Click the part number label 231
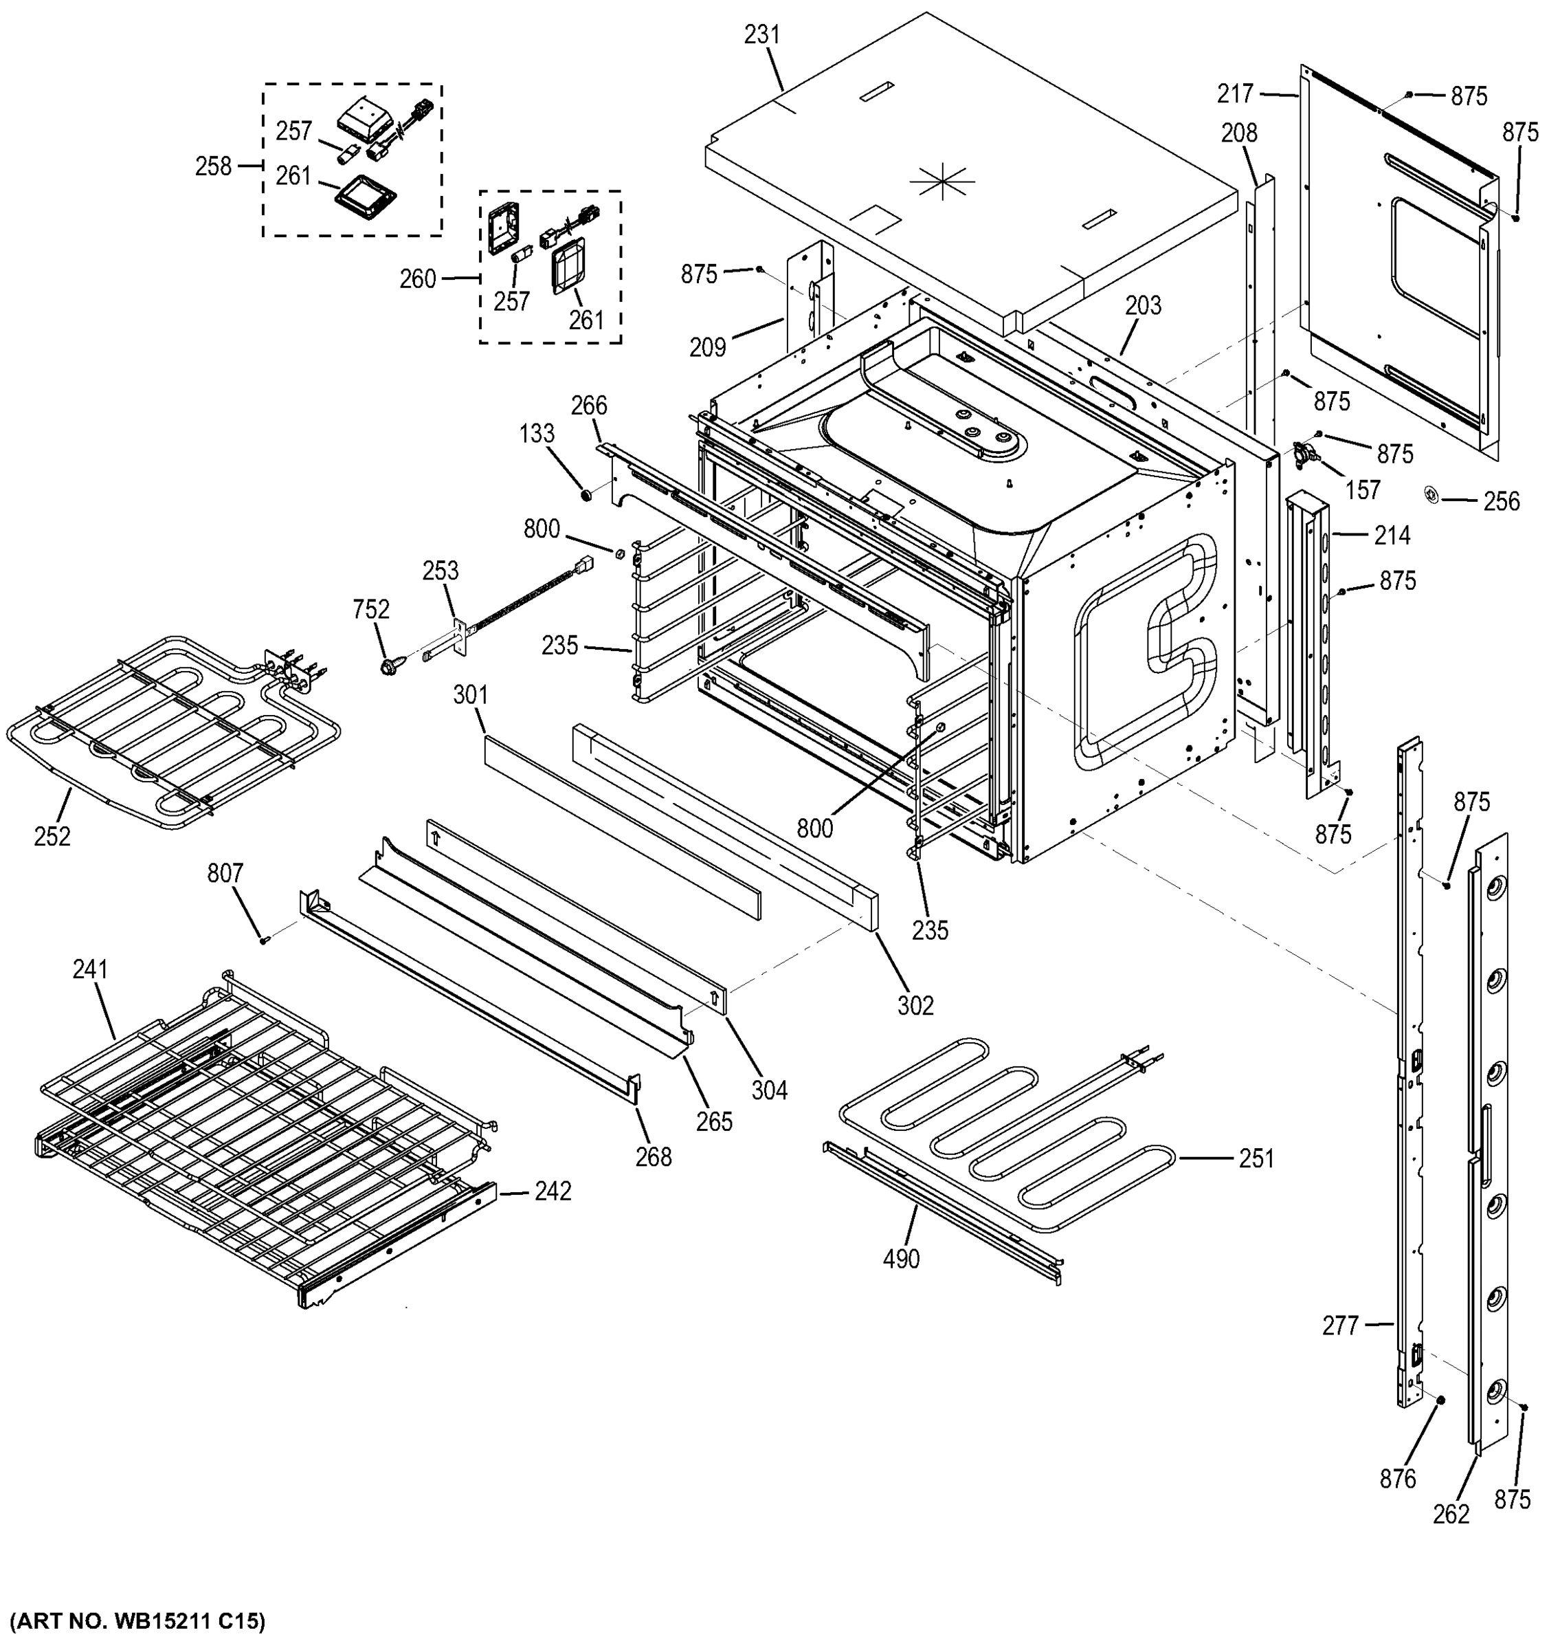(761, 35)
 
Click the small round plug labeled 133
(586, 496)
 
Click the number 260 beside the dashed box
(417, 279)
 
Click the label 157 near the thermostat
(1362, 489)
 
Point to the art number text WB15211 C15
(137, 1620)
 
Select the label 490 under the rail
(901, 1259)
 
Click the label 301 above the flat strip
(471, 694)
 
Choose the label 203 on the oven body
(1144, 305)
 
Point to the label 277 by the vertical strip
(1340, 1325)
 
